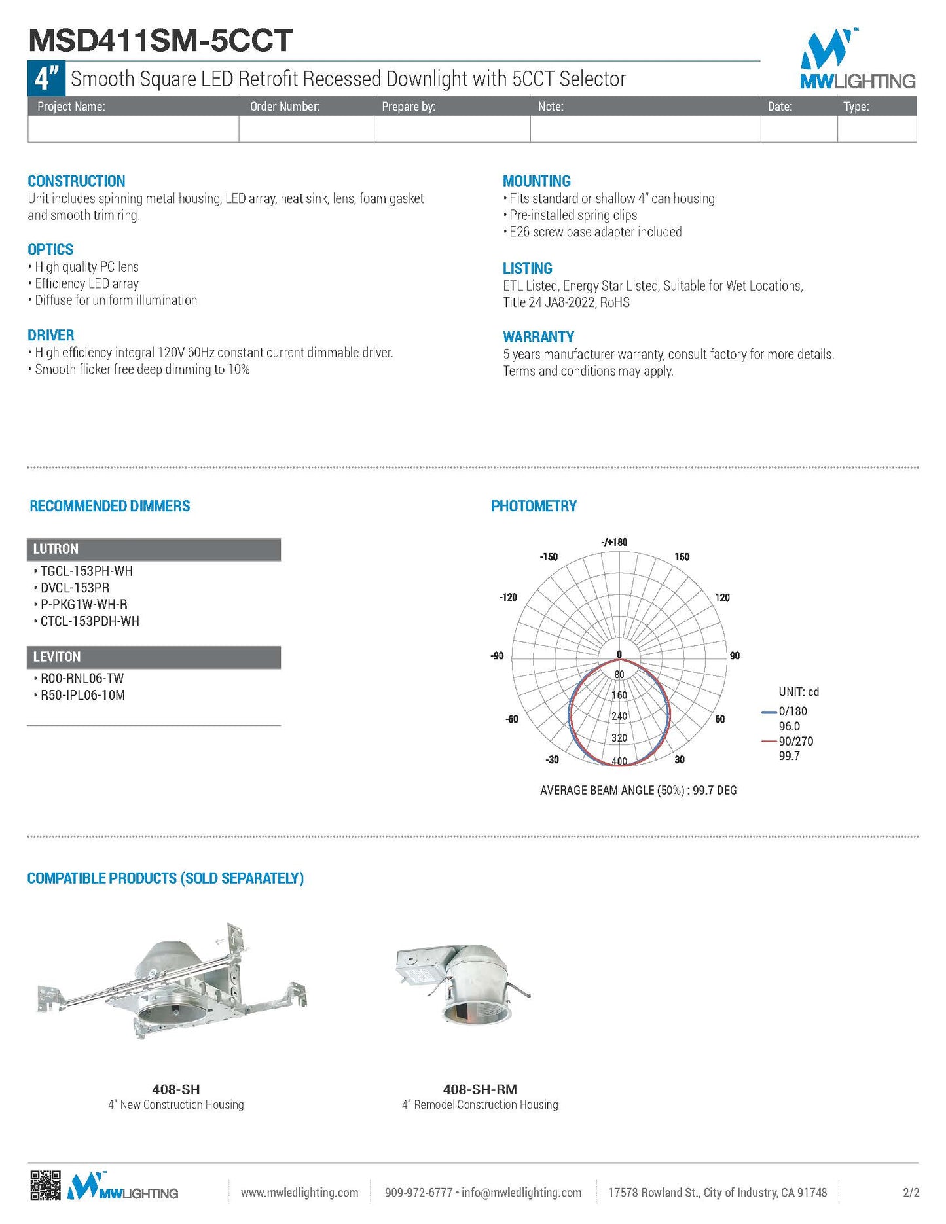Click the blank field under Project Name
(133, 129)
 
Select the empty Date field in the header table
(799, 129)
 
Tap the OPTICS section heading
(50, 249)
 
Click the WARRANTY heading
(538, 336)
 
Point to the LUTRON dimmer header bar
(154, 549)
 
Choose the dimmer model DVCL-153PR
(75, 588)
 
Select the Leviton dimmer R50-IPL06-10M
(82, 695)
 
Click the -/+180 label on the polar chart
(614, 542)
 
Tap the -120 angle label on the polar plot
(508, 597)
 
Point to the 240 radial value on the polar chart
(619, 716)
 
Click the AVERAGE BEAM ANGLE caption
(638, 790)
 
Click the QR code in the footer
(45, 1186)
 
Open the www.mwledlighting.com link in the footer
(299, 1193)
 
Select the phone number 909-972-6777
(418, 1193)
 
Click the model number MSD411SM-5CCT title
(160, 41)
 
